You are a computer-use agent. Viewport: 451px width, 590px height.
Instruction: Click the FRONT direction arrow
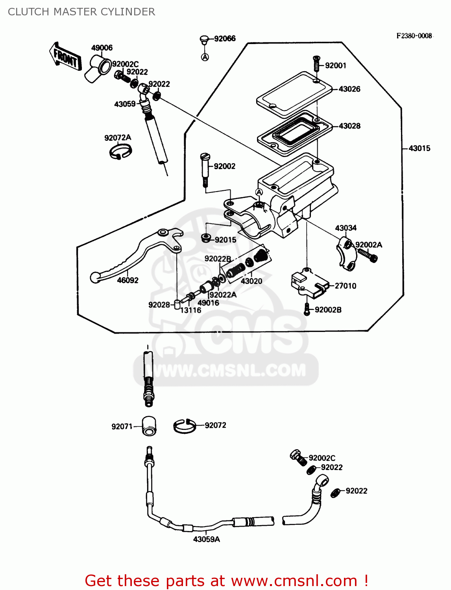(65, 57)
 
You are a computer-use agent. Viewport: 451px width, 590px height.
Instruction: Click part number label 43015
(419, 148)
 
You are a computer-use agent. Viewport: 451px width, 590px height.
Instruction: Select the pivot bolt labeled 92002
(205, 169)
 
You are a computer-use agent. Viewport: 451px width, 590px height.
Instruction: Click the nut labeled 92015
(206, 238)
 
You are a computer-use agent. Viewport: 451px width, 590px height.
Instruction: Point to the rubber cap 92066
(204, 39)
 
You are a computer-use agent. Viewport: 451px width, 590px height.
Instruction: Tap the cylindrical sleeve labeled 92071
(149, 426)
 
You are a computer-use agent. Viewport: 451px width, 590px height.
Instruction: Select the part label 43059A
(206, 539)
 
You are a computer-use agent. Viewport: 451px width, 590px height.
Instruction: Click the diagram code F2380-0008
(414, 36)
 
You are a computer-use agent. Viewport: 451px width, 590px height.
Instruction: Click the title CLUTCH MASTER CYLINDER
(81, 12)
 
